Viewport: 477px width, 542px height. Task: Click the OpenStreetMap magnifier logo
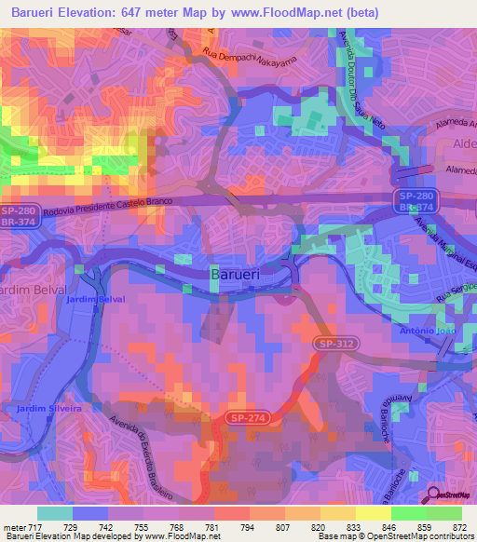(434, 496)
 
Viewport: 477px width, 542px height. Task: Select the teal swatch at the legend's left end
(54, 513)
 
